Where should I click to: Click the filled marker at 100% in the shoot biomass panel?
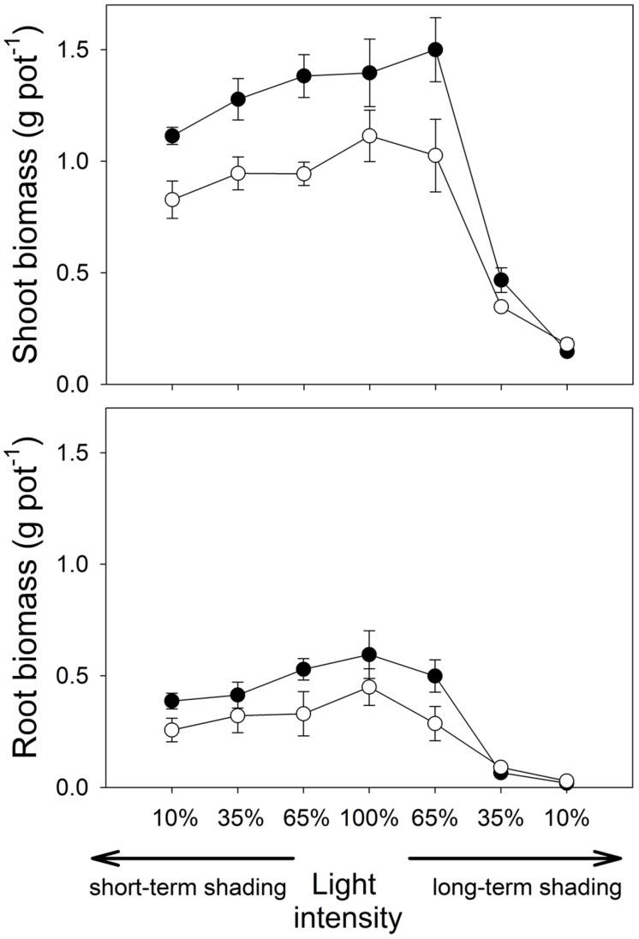coord(369,73)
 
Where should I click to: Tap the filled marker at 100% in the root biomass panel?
coord(369,655)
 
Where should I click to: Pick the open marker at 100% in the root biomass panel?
coord(369,687)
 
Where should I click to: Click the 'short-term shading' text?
coord(187,888)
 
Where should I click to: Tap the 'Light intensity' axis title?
coord(355,903)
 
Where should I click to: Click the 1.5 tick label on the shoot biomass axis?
coord(75,50)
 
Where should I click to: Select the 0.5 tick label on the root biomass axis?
coord(75,676)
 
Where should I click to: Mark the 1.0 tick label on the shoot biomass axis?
coord(75,161)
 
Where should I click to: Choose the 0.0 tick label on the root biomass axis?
coord(75,787)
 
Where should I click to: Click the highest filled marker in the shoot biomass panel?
coord(435,50)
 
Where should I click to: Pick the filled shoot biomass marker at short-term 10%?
coord(172,136)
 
